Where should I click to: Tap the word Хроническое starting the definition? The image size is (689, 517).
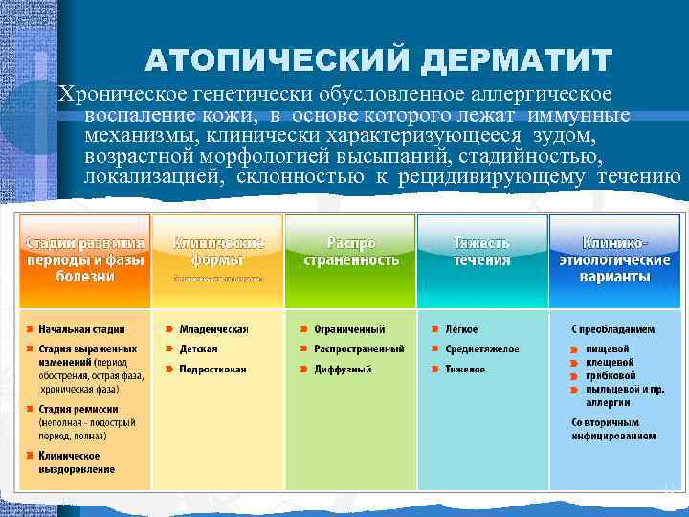119,94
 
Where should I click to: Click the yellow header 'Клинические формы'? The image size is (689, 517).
217,252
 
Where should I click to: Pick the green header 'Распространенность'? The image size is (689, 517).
350,252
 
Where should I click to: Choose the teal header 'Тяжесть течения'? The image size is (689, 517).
481,252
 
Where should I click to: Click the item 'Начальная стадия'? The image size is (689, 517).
81,329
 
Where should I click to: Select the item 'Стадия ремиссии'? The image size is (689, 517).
76,409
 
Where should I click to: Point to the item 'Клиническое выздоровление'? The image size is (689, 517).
77,462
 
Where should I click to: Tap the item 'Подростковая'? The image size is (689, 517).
212,370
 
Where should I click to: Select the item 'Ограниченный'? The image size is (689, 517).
349,329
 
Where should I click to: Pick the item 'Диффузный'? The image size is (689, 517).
343,370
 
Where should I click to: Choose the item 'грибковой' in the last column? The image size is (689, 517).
610,376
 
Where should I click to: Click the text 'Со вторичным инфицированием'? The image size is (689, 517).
613,429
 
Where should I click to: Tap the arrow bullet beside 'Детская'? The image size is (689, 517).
169,349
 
